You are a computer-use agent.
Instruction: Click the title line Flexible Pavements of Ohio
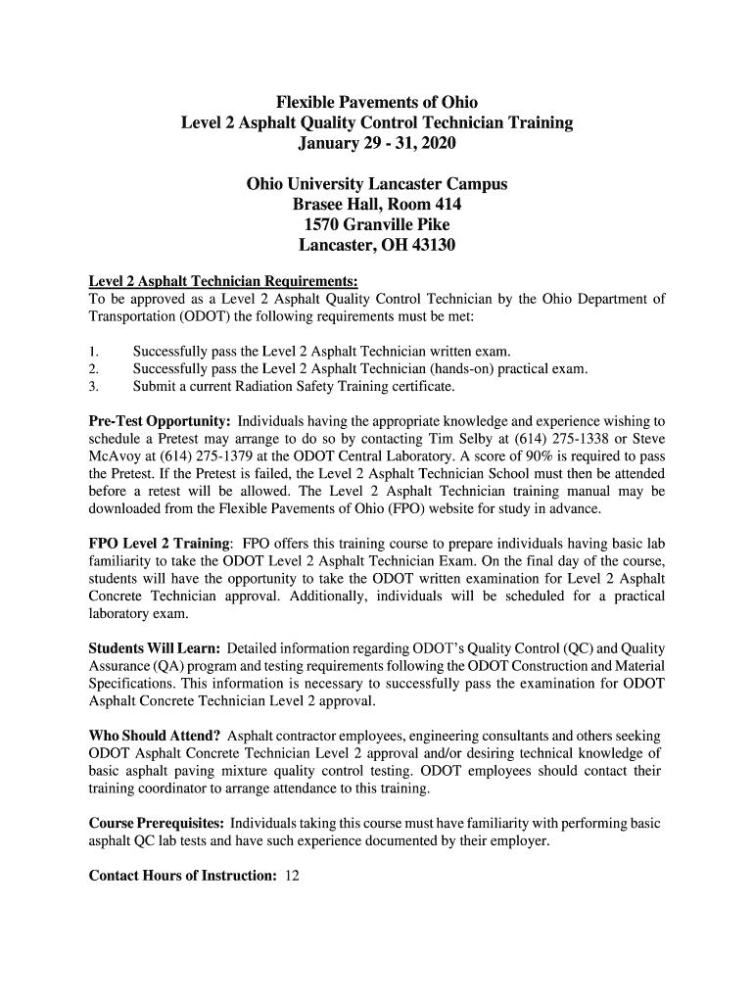[x=377, y=102]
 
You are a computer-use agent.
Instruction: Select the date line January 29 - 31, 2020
[x=377, y=144]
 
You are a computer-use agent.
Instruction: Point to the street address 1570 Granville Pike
[x=377, y=225]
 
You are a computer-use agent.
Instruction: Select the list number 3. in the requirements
[x=94, y=386]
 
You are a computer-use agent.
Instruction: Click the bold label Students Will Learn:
[x=157, y=647]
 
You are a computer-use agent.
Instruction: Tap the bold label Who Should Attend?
[x=154, y=735]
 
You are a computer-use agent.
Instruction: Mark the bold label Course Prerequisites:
[x=157, y=823]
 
